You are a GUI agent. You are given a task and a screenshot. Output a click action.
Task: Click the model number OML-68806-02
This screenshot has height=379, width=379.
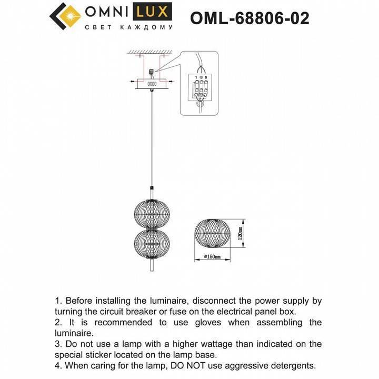tap(250, 18)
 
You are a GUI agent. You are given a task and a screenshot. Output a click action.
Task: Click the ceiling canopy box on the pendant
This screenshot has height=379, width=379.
tap(152, 83)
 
